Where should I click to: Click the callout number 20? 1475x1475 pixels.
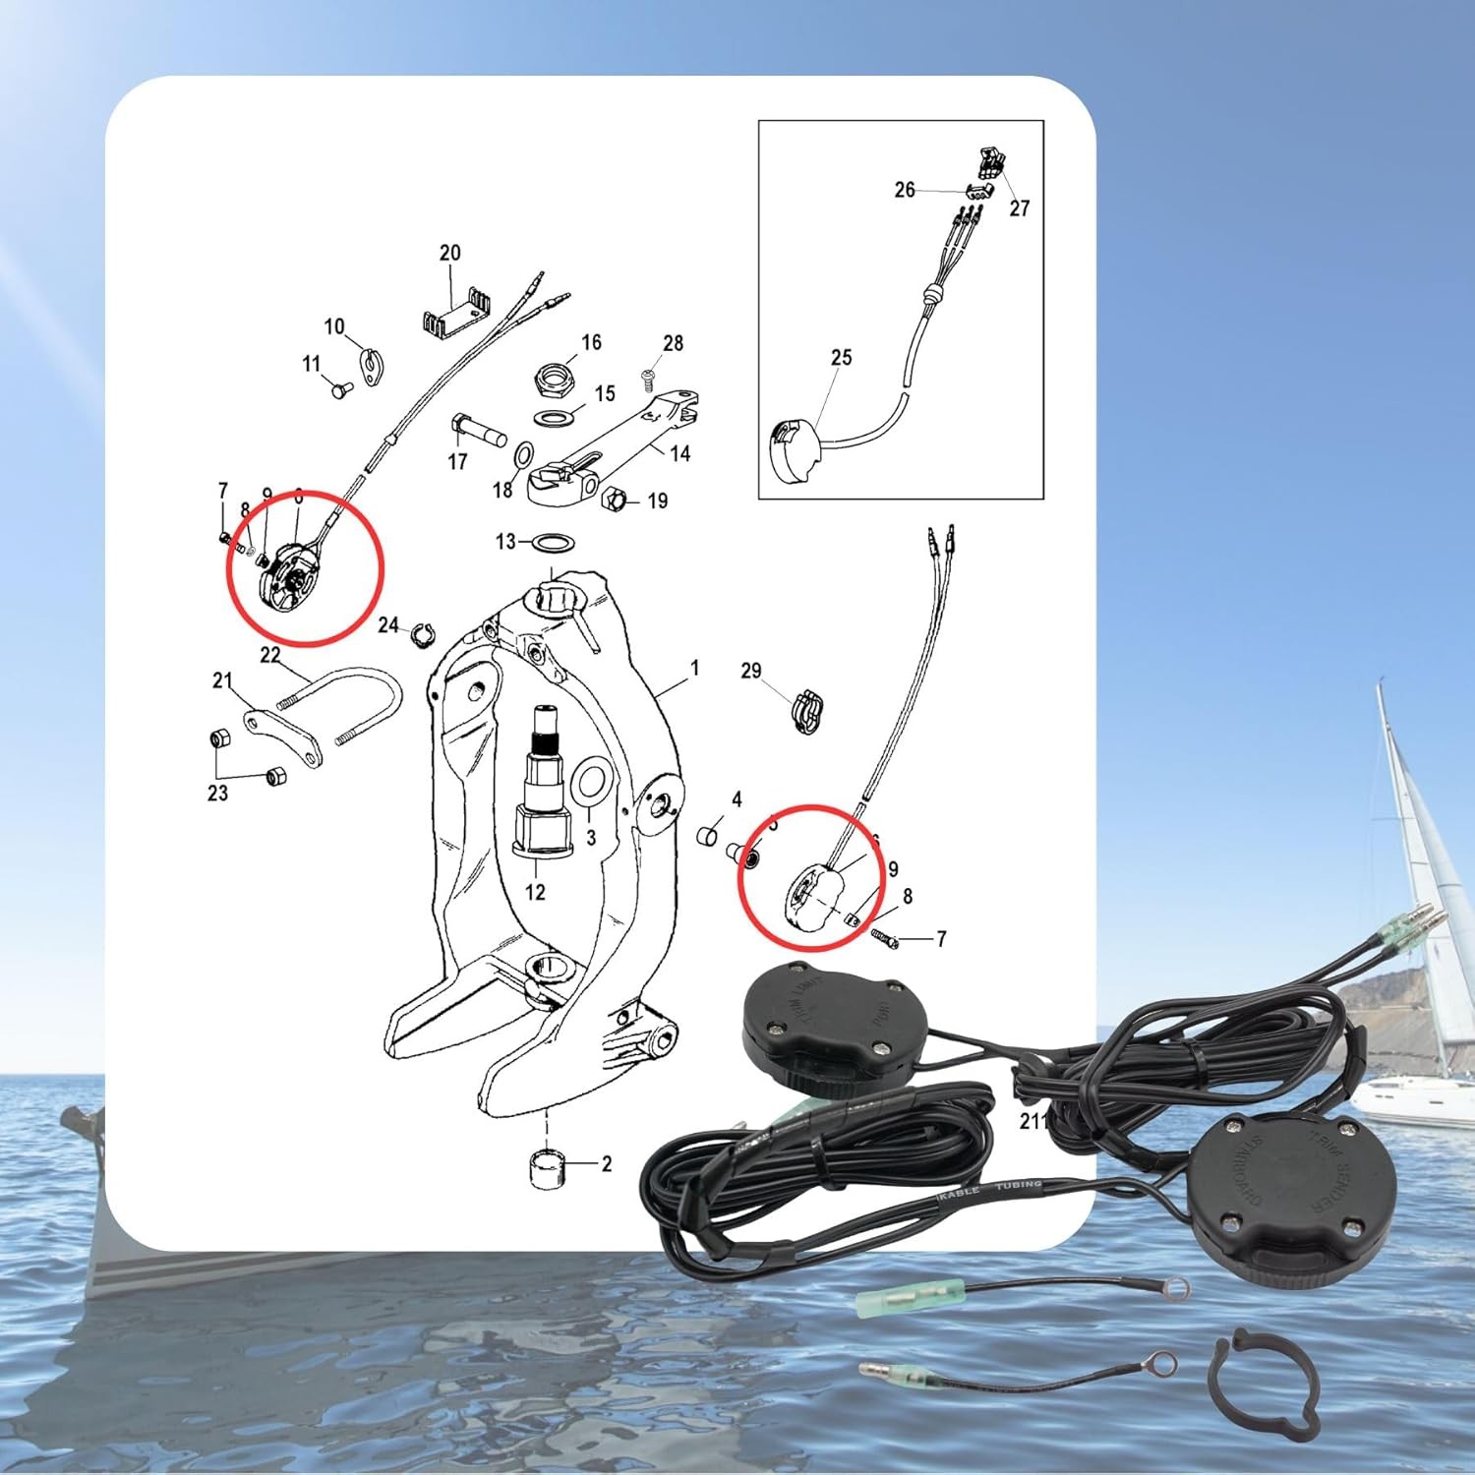(449, 253)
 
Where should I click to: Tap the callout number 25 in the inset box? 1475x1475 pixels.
(841, 357)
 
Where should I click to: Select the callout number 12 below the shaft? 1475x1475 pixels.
(534, 892)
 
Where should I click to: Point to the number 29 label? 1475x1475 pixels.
(750, 671)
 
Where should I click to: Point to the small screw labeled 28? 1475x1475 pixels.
(648, 376)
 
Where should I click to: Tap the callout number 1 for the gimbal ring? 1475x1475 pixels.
(694, 669)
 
